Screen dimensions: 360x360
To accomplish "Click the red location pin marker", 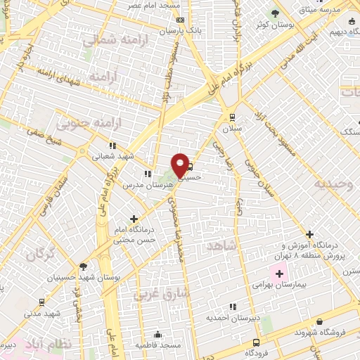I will [181, 165].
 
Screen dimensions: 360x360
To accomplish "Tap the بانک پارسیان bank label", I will [175, 32].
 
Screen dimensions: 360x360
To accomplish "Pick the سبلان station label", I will [232, 130].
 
